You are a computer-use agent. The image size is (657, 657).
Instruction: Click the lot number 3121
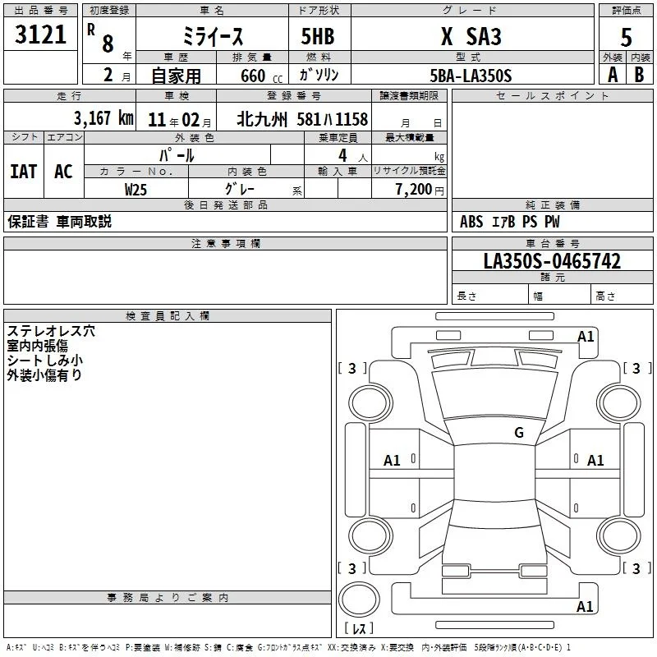coord(40,34)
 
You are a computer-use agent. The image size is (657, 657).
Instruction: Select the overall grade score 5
coord(626,37)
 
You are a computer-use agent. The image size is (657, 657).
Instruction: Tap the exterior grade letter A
coord(613,75)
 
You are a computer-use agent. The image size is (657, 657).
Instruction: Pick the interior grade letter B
coord(639,75)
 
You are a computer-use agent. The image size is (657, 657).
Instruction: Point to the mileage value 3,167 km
coord(103,118)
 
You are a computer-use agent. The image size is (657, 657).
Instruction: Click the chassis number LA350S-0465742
coord(552,261)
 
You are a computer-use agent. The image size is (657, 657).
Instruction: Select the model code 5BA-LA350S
coord(471,76)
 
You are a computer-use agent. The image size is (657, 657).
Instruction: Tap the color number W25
coord(136,190)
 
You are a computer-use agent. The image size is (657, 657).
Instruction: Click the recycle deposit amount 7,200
coord(414,190)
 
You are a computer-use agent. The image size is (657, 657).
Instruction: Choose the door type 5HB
coord(318,36)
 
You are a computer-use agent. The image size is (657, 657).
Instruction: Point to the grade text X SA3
coord(471,36)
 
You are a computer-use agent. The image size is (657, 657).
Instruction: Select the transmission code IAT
coord(24,172)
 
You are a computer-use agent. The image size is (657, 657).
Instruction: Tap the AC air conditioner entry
coord(63,172)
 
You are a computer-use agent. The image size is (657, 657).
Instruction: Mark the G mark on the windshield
coord(519,432)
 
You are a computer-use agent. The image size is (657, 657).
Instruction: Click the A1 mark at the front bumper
coord(586,337)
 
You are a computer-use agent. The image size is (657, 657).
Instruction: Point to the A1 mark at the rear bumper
coord(585,606)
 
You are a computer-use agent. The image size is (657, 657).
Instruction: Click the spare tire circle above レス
coord(359,600)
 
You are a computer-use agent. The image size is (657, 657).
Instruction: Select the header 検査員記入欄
coord(168,316)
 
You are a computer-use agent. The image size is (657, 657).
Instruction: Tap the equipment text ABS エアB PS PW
coord(509,222)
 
